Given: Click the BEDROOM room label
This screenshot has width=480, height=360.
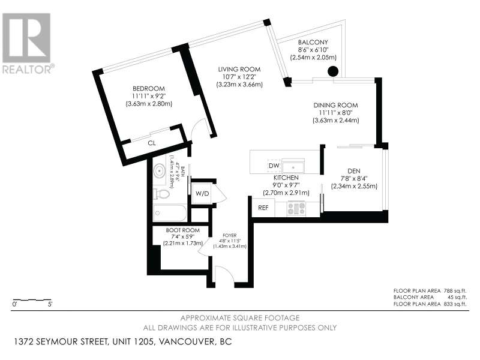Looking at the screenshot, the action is (148, 89).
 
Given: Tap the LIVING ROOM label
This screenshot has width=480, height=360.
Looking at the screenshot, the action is (239, 70).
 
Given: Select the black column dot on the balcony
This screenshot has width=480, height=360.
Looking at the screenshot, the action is (333, 71).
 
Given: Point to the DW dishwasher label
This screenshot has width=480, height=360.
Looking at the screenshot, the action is (274, 166).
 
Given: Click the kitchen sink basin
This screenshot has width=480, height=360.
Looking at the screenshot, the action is (293, 167).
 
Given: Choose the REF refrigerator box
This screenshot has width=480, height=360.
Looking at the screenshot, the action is (263, 208).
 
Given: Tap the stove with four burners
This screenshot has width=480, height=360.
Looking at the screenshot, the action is (296, 208).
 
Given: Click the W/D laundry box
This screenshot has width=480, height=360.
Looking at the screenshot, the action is (202, 193).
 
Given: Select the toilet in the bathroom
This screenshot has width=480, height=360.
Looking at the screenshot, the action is (161, 194).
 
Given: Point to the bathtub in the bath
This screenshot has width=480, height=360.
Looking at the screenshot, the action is (170, 213).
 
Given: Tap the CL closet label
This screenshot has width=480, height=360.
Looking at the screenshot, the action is (152, 143).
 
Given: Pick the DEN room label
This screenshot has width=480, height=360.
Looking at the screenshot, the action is (354, 171).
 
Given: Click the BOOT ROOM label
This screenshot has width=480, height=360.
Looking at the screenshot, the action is (183, 230).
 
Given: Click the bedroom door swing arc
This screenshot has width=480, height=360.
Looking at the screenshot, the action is (199, 127).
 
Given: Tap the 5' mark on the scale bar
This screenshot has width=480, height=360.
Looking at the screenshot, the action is (50, 304).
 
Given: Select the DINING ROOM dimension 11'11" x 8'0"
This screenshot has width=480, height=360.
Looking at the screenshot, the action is (335, 113).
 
